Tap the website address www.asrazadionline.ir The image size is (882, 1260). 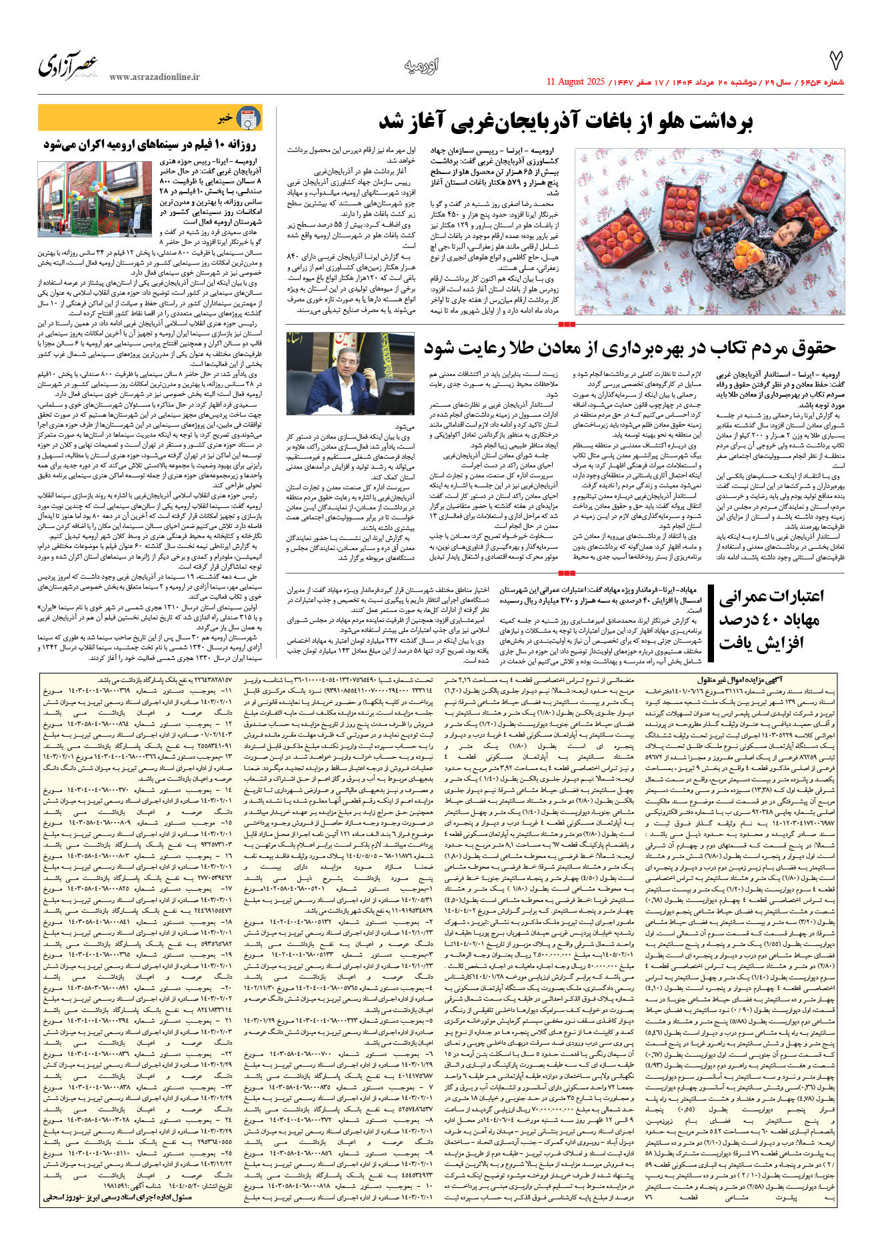[154, 77]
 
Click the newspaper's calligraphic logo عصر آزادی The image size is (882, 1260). [68, 65]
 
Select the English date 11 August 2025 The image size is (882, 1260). [575, 82]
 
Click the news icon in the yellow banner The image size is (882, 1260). [249, 119]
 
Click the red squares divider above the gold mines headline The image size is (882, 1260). [566, 325]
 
